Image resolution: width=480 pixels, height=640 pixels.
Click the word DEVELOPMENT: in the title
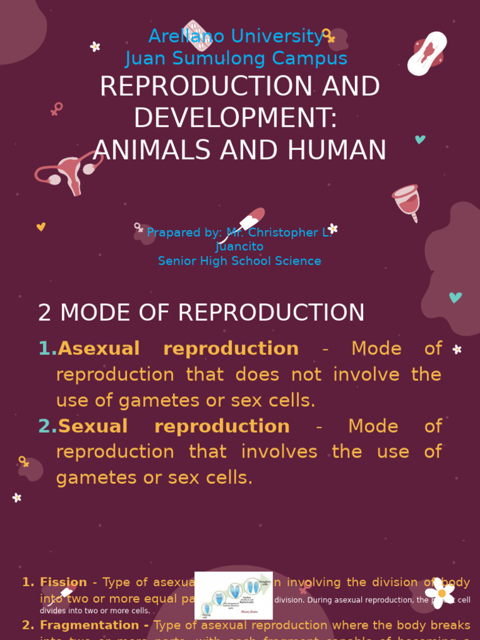[x=236, y=119]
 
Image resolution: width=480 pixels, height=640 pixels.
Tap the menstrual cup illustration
[x=407, y=202]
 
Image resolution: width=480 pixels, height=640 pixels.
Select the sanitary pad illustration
[x=427, y=54]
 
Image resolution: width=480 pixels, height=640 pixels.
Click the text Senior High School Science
[x=239, y=261]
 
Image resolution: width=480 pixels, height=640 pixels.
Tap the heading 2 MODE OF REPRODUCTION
[x=201, y=313]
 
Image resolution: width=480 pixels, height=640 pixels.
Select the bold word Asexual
[x=99, y=349]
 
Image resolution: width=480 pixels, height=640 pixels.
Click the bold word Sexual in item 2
[x=92, y=426]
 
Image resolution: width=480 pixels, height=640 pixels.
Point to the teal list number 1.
[x=47, y=349]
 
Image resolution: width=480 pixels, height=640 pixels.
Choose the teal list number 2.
[x=47, y=426]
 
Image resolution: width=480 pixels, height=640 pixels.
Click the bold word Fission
[x=63, y=582]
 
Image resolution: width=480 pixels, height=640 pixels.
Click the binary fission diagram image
[x=233, y=595]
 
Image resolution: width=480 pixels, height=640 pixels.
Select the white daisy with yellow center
[x=441, y=592]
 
